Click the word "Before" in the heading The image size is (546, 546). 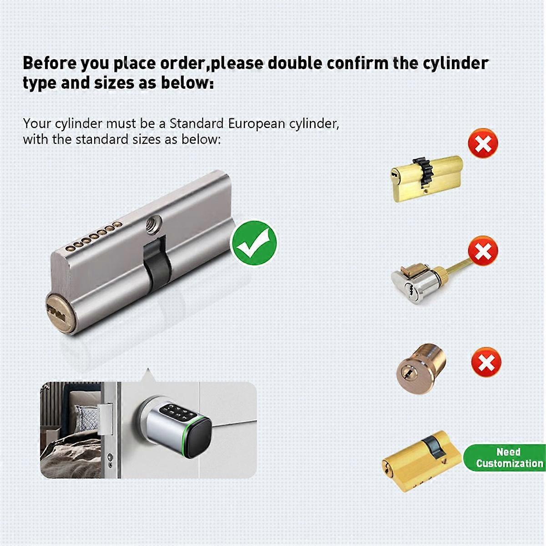[x=50, y=63]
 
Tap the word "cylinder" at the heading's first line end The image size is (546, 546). [x=456, y=63]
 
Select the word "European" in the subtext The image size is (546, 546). [x=259, y=124]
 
